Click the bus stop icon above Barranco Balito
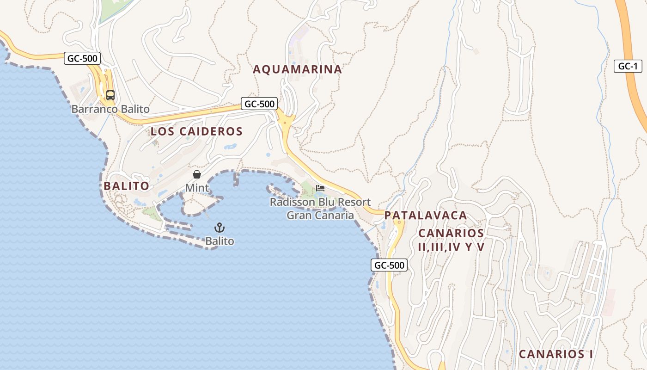tap(110, 95)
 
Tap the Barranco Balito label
tap(110, 109)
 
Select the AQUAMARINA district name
tap(297, 69)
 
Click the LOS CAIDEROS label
tap(196, 131)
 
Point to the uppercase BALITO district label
tap(126, 186)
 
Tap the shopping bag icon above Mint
tap(197, 174)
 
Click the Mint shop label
tap(197, 188)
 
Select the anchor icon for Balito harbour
tap(220, 228)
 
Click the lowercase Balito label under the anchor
tap(220, 241)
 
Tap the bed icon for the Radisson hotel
tap(320, 188)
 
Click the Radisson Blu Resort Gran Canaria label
tap(320, 209)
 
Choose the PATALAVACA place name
tap(426, 216)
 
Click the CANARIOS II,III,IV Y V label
tap(451, 240)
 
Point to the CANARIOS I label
tap(555, 354)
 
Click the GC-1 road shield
tap(628, 66)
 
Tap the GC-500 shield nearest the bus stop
tap(82, 58)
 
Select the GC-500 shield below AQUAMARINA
tap(259, 104)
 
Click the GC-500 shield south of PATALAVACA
tap(389, 265)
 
